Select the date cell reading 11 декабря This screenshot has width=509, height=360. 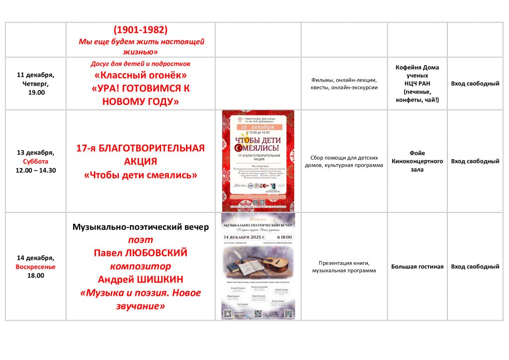click(x=35, y=75)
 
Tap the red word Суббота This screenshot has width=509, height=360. click(x=35, y=161)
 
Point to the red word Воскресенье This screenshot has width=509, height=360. click(x=35, y=267)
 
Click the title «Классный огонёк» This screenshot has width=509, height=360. click(x=141, y=76)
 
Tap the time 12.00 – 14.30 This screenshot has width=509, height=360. click(x=35, y=170)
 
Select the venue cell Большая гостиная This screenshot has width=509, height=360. click(x=417, y=267)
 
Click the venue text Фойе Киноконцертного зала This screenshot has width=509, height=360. click(x=417, y=161)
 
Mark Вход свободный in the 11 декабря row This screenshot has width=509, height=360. click(x=475, y=84)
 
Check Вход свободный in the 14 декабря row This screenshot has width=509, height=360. click(x=475, y=267)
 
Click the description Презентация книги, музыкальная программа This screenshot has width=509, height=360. click(x=344, y=267)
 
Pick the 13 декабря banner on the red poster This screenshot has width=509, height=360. click(x=258, y=127)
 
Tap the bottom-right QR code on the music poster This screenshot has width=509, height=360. click(x=288, y=314)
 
